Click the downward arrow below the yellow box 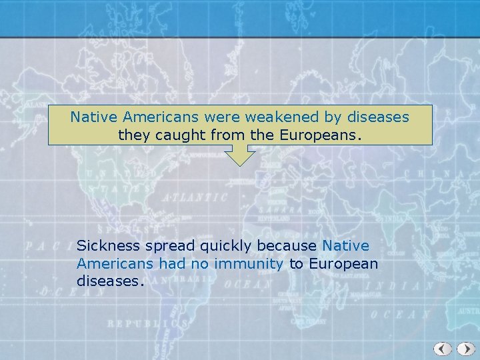(x=239, y=156)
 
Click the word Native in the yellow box (x=94, y=117)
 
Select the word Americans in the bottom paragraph (x=115, y=264)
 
